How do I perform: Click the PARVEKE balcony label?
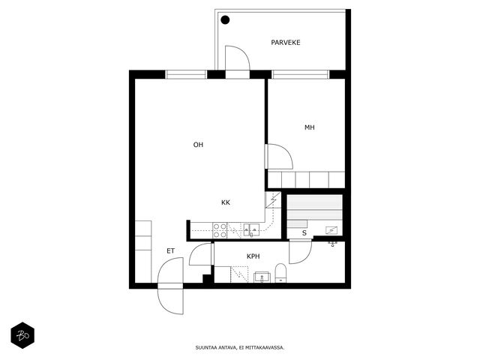[285, 43]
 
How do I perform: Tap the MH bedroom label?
[310, 127]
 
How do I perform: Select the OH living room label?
[198, 145]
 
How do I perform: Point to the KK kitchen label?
[226, 202]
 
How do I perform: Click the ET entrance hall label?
[170, 251]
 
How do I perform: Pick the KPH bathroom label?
[253, 256]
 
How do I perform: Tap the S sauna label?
[304, 233]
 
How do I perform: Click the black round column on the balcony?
[225, 20]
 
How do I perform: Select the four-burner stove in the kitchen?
[220, 230]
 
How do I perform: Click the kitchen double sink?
[251, 230]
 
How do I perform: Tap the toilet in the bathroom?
[280, 273]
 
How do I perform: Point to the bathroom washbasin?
[262, 277]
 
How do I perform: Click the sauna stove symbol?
[331, 229]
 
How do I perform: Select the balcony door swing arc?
[244, 52]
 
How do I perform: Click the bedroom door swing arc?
[286, 152]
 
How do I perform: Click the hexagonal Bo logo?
[22, 335]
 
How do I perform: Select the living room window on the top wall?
[186, 74]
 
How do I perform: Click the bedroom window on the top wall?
[300, 74]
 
